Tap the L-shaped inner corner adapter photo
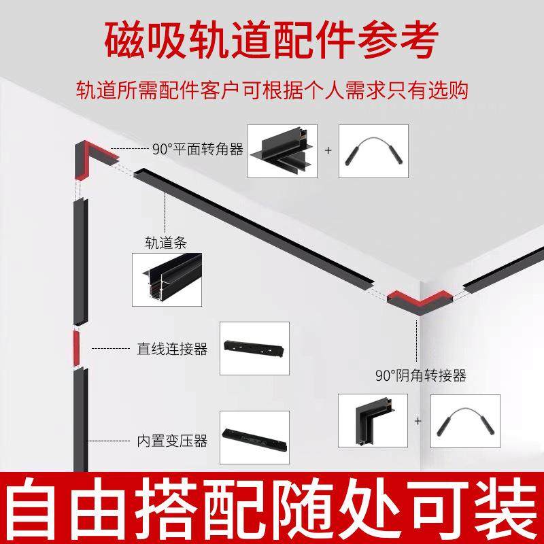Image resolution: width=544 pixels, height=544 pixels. pyautogui.click(x=371, y=421)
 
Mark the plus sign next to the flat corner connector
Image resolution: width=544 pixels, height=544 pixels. pyautogui.click(x=328, y=150)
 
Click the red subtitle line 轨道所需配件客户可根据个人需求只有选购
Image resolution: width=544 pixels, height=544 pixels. pyautogui.click(x=271, y=90)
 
